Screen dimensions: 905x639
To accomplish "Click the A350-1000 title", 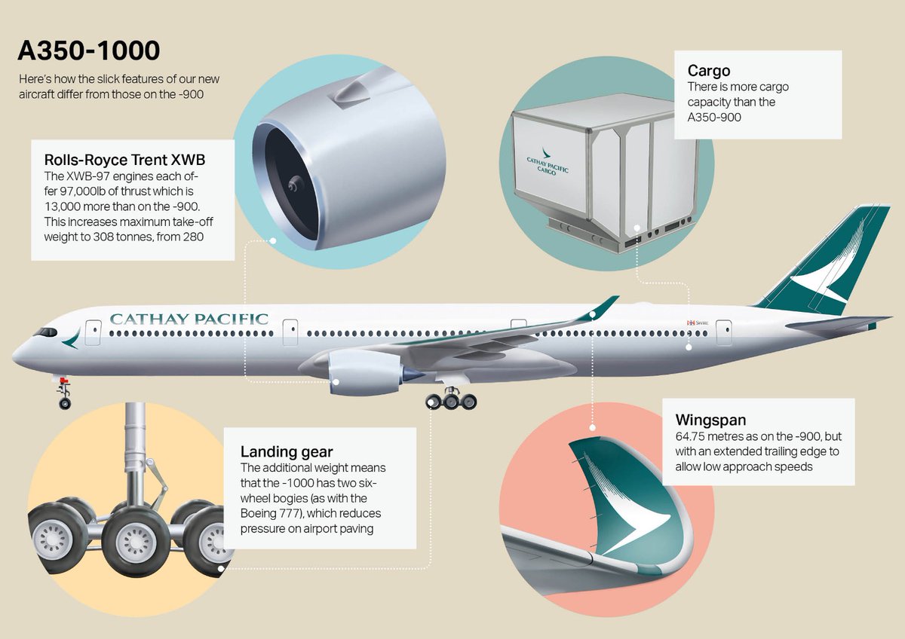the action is [x=88, y=51].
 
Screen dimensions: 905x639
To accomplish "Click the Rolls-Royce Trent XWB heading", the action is [x=124, y=160].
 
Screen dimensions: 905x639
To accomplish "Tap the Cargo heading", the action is [x=708, y=71].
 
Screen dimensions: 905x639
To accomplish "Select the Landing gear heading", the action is [x=287, y=452].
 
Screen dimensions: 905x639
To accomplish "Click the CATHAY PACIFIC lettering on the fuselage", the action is [x=189, y=319].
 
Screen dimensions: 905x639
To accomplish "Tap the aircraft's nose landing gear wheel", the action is [x=65, y=404].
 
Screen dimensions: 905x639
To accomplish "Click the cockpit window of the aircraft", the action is [x=45, y=332].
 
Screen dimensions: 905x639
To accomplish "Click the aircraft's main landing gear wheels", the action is [x=451, y=401].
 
